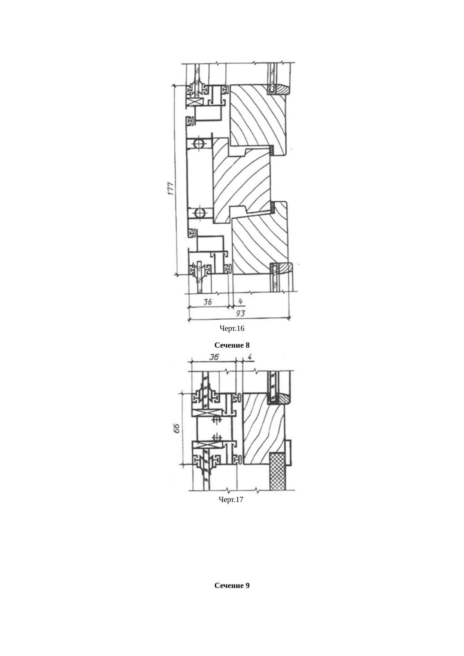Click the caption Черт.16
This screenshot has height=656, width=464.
coord(232,329)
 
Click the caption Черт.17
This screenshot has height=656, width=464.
coord(231,499)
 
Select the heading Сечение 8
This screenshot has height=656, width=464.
coord(232,345)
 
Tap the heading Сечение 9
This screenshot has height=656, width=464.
coord(232,585)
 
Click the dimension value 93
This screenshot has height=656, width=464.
coord(240,313)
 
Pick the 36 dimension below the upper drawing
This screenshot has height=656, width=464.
coord(208,301)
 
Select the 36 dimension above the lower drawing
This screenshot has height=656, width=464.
coord(214,357)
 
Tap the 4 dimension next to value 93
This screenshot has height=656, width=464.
coord(240,301)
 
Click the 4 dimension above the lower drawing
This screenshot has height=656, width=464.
coord(250,357)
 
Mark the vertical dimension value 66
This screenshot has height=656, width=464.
coord(177,428)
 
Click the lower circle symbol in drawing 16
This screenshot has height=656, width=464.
coord(199,213)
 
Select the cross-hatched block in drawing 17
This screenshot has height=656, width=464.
coord(278,471)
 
